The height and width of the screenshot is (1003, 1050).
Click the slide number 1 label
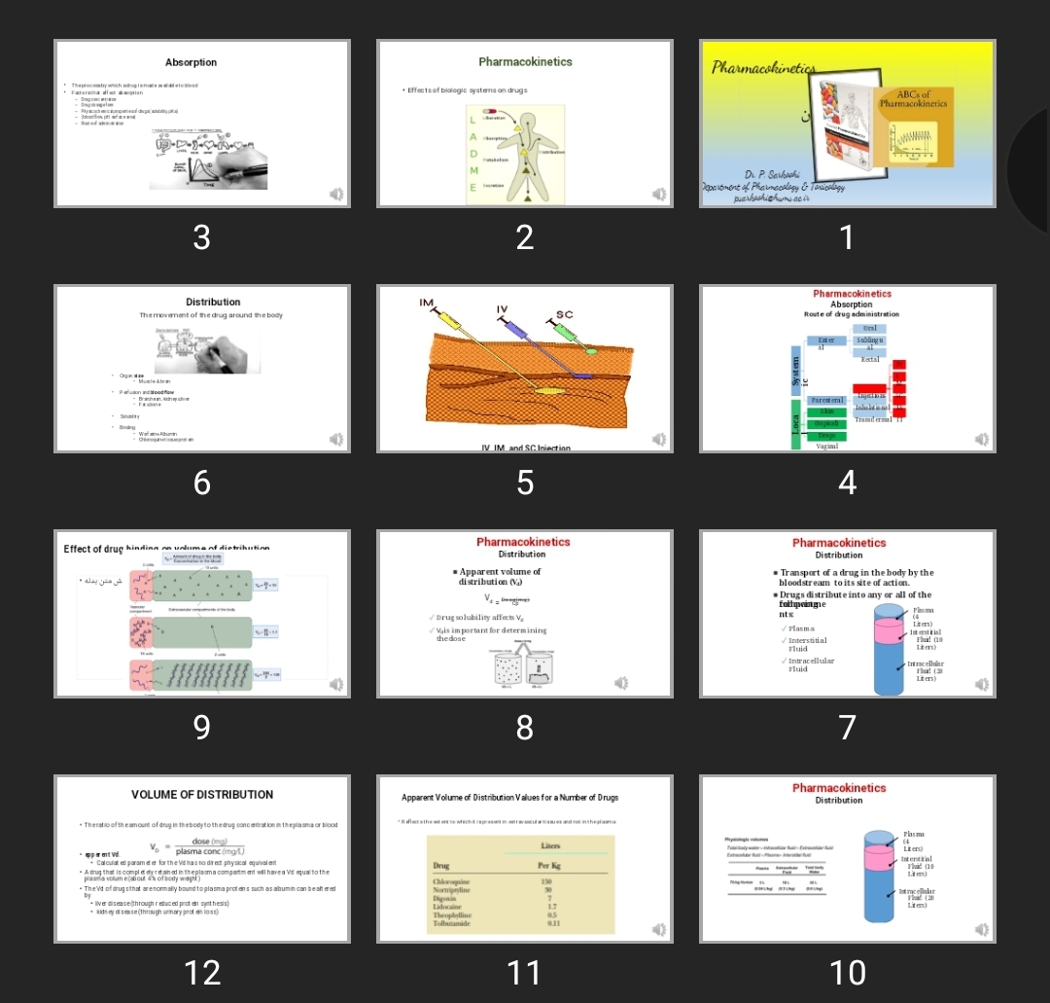point(847,236)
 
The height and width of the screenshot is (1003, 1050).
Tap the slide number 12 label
point(201,972)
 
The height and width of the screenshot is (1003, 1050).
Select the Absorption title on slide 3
point(192,62)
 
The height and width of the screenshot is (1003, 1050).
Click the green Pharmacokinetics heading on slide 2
point(525,61)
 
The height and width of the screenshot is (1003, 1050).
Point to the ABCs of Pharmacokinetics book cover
point(913,126)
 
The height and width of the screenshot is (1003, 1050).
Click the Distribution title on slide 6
point(213,302)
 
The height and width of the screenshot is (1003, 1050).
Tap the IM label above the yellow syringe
point(426,304)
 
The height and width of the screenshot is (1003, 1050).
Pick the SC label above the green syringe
point(564,314)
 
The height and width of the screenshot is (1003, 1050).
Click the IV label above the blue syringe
point(502,308)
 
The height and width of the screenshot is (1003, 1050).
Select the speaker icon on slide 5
point(659,440)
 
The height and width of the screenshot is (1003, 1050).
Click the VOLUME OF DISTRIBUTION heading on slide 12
point(202,795)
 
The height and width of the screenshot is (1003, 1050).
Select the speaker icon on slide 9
point(336,684)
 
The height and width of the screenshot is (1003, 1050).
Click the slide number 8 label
point(524,727)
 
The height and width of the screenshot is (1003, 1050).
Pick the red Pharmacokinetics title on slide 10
point(839,788)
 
